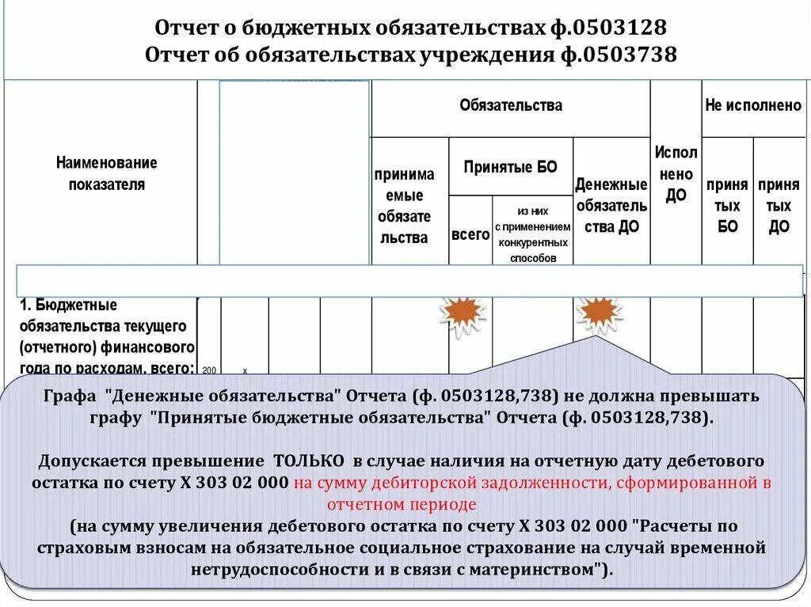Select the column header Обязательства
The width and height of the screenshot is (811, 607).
510,105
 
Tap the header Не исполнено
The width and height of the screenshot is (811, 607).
753,105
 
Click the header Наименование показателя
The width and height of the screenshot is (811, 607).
106,173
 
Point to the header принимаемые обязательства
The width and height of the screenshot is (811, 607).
404,206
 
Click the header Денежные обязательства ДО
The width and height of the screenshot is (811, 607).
611,206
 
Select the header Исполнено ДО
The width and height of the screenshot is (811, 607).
676,174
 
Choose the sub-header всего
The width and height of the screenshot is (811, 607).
470,235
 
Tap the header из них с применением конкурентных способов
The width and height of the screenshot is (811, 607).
532,234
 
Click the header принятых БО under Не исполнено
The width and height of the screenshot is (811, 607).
727,206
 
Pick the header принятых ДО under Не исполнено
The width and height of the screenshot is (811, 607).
779,206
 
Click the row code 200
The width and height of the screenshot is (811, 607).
209,370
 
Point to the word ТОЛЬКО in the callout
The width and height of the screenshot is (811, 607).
309,461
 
